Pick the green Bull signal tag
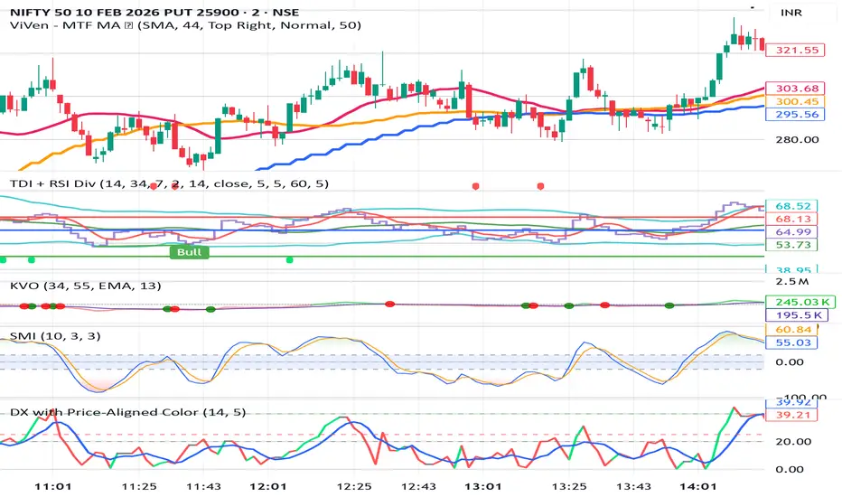coord(189,252)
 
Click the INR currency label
coord(790,14)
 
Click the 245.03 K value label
coord(791,301)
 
